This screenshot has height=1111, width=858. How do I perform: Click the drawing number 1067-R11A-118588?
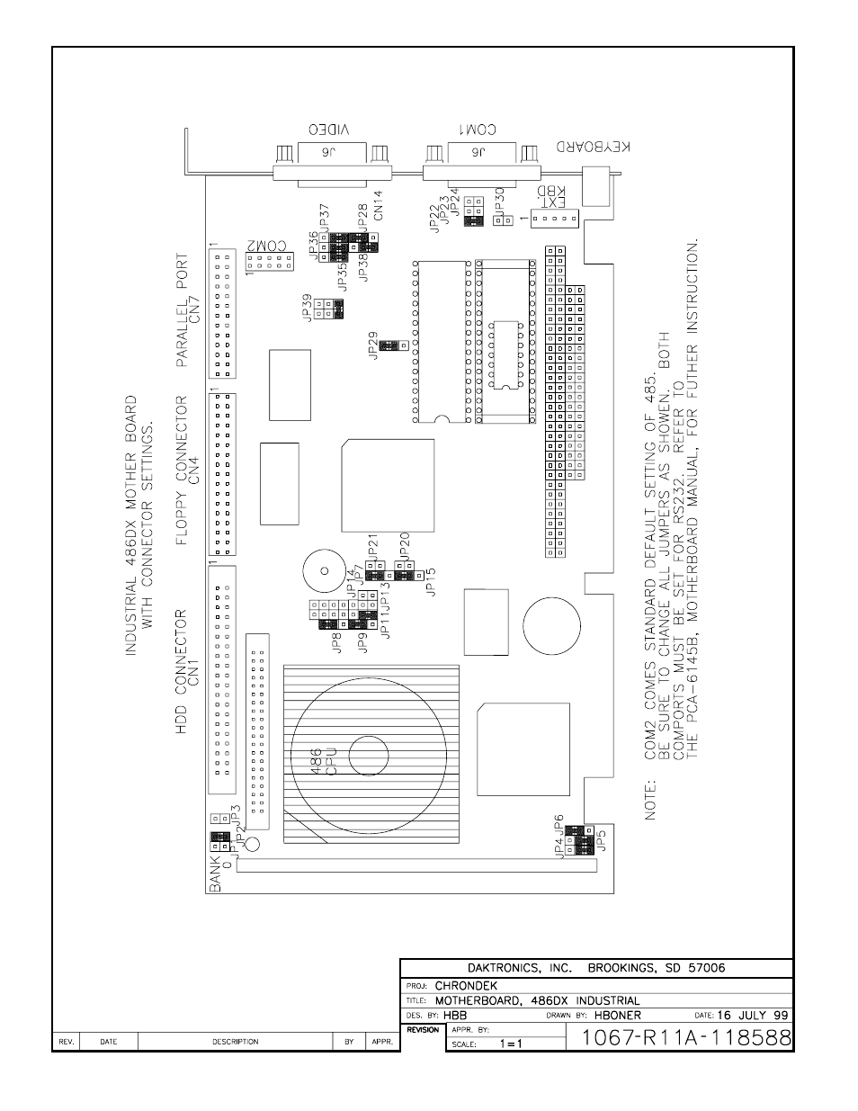point(687,1037)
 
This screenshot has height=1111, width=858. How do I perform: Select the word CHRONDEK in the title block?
point(466,985)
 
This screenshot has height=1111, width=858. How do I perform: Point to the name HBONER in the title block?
point(618,1015)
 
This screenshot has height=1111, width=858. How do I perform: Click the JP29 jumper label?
point(373,345)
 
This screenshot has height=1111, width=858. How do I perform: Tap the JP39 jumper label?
point(308,308)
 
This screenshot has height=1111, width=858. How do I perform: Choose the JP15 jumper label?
point(430,581)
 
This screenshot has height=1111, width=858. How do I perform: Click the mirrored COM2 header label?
point(266,246)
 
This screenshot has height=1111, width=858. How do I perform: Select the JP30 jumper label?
point(500,201)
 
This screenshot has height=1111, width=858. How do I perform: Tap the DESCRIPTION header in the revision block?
point(235,1042)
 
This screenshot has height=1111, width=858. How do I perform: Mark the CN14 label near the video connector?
point(378,205)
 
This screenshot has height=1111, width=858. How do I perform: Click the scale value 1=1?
point(512,1044)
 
